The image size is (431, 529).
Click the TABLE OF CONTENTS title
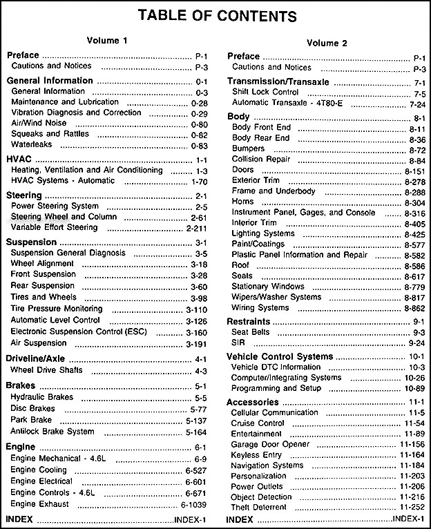click(215, 15)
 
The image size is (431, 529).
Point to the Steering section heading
click(25, 195)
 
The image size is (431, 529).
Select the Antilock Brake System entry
click(52, 432)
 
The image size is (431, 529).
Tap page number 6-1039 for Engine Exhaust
click(197, 505)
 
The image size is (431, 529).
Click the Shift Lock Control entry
click(265, 92)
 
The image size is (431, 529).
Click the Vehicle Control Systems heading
click(280, 356)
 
